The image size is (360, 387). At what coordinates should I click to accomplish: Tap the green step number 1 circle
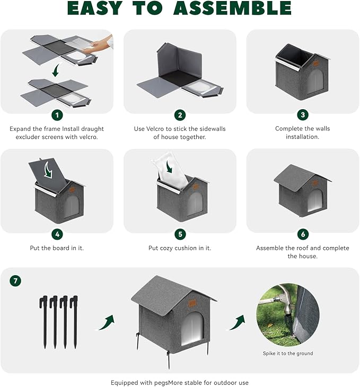pos(57,115)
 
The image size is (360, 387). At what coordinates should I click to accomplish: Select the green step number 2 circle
pos(180,115)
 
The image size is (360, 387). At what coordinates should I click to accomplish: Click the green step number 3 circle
pos(303,115)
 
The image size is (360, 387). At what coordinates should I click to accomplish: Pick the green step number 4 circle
pos(57,234)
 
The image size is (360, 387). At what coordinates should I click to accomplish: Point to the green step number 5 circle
pos(180,234)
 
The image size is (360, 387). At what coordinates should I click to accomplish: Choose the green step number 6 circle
pos(303,234)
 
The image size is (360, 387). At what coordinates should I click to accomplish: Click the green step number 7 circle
pos(15,281)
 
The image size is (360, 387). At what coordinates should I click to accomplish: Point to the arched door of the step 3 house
pos(315,82)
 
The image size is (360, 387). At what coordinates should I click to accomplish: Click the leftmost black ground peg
pos(44,321)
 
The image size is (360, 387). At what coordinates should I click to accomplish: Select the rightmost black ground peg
pos(74,321)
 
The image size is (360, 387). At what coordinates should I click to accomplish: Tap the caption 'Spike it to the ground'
pos(287,354)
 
